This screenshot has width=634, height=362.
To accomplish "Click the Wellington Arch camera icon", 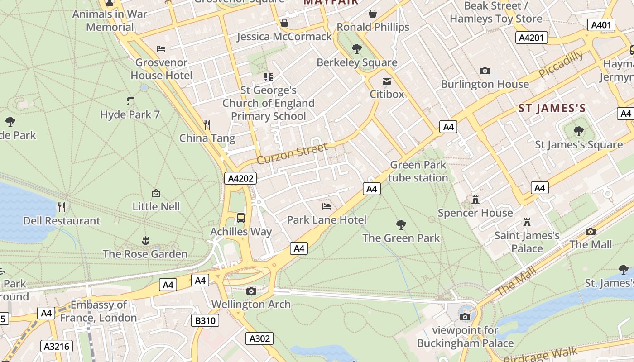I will tap(251, 291).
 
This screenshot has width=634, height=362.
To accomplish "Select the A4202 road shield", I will tap(240, 178).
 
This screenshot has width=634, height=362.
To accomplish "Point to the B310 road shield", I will tap(206, 321).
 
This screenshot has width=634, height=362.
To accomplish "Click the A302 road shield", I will tap(259, 338).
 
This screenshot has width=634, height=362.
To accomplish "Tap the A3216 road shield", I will tap(57, 347).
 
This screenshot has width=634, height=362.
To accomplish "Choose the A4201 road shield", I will tap(531, 38).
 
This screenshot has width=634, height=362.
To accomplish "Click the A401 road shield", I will tap(601, 25).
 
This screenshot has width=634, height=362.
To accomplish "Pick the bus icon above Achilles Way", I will tap(241, 218).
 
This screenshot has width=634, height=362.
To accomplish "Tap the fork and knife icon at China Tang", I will tap(207, 124).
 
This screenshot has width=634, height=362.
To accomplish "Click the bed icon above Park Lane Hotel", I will tap(327, 206).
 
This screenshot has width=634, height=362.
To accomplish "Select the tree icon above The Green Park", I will tap(401, 224).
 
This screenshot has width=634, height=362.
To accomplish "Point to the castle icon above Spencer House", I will tap(475, 199).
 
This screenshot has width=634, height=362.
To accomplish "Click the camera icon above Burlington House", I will tap(485, 71).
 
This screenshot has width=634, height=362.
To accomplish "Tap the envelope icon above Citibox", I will tap(387, 81).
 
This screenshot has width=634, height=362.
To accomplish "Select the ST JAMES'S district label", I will tap(552, 108).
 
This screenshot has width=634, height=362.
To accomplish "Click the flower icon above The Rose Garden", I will tap(145, 240).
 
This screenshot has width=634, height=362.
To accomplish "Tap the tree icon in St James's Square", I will tap(579, 131).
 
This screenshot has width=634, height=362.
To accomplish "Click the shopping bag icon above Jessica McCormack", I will tap(284, 23).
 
